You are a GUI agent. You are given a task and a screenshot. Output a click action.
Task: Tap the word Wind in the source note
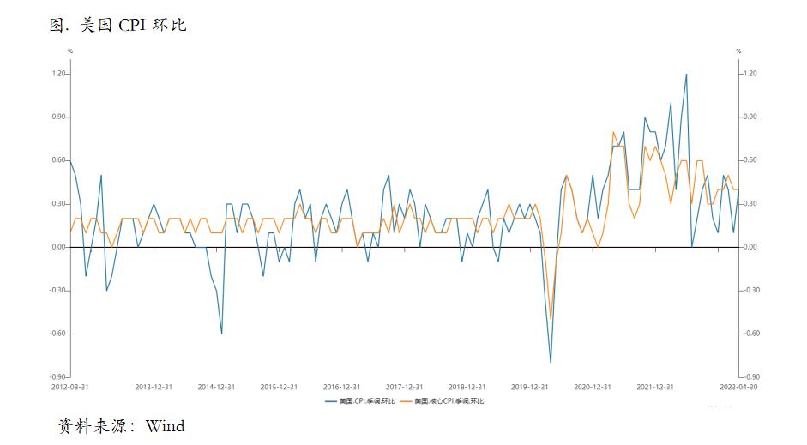tap(165, 425)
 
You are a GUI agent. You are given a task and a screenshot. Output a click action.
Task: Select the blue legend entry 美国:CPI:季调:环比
tap(360, 400)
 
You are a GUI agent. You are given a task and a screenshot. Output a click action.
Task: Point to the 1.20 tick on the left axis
tap(59, 74)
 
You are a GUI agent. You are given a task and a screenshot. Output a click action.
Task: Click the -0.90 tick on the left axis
tap(58, 377)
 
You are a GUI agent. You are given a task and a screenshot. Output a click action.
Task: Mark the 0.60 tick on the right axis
tap(749, 160)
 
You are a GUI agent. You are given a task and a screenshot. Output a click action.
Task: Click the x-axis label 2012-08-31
tap(70, 387)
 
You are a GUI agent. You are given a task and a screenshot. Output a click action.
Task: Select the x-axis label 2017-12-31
tap(404, 387)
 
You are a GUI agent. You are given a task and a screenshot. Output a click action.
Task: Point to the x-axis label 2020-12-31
tap(593, 387)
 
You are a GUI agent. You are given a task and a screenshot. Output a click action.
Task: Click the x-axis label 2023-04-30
tap(738, 387)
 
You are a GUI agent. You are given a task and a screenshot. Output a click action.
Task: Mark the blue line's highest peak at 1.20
tap(686, 75)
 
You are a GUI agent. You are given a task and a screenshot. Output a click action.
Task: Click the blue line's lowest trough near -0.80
tap(551, 363)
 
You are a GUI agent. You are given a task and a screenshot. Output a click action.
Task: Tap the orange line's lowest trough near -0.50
tap(551, 319)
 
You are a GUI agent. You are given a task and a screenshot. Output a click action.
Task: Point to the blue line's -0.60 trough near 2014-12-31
tap(221, 334)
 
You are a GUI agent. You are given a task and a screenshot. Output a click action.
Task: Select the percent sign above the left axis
tap(70, 51)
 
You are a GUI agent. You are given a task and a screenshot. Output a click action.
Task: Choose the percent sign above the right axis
tap(738, 51)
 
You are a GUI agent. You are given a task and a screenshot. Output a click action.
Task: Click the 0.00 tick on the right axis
tap(749, 247)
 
